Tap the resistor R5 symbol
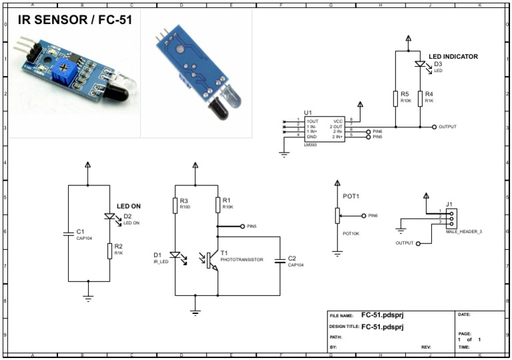pyautogui.click(x=395, y=99)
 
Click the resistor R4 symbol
pyautogui.click(x=420, y=99)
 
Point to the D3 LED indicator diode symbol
pyautogui.click(x=420, y=65)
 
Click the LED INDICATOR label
pyautogui.click(x=453, y=57)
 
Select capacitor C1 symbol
pyautogui.click(x=68, y=233)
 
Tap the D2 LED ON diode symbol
pyautogui.click(x=109, y=216)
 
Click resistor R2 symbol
pyautogui.click(x=109, y=251)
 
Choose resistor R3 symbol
pyautogui.click(x=175, y=205)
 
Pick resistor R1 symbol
pyautogui.click(x=218, y=205)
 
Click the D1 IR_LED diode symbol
pyautogui.click(x=175, y=255)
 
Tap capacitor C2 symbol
pyautogui.click(x=280, y=261)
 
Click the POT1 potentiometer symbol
pyautogui.click(x=337, y=216)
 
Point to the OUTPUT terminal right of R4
pyautogui.click(x=434, y=126)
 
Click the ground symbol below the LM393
pyautogui.click(x=283, y=155)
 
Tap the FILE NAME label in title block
pyautogui.click(x=341, y=316)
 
